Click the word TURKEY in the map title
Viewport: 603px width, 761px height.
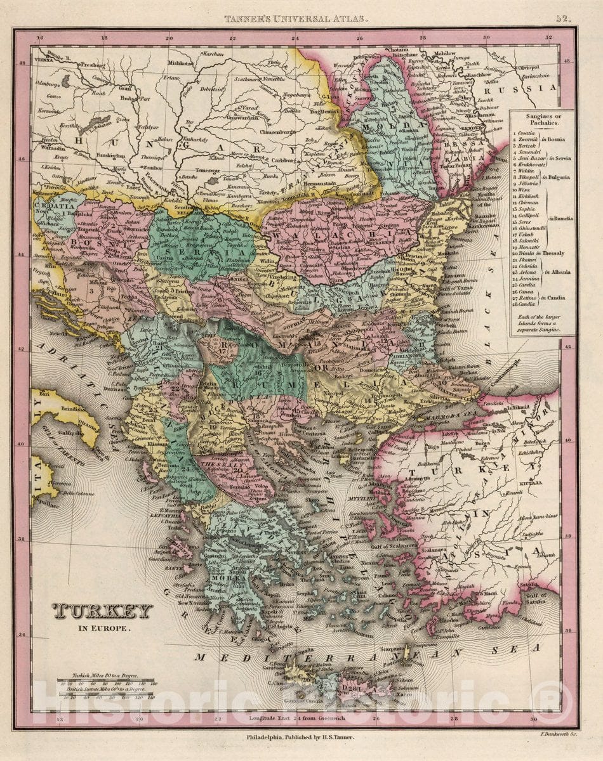(102, 611)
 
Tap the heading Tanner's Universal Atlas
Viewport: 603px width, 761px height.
(295, 19)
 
